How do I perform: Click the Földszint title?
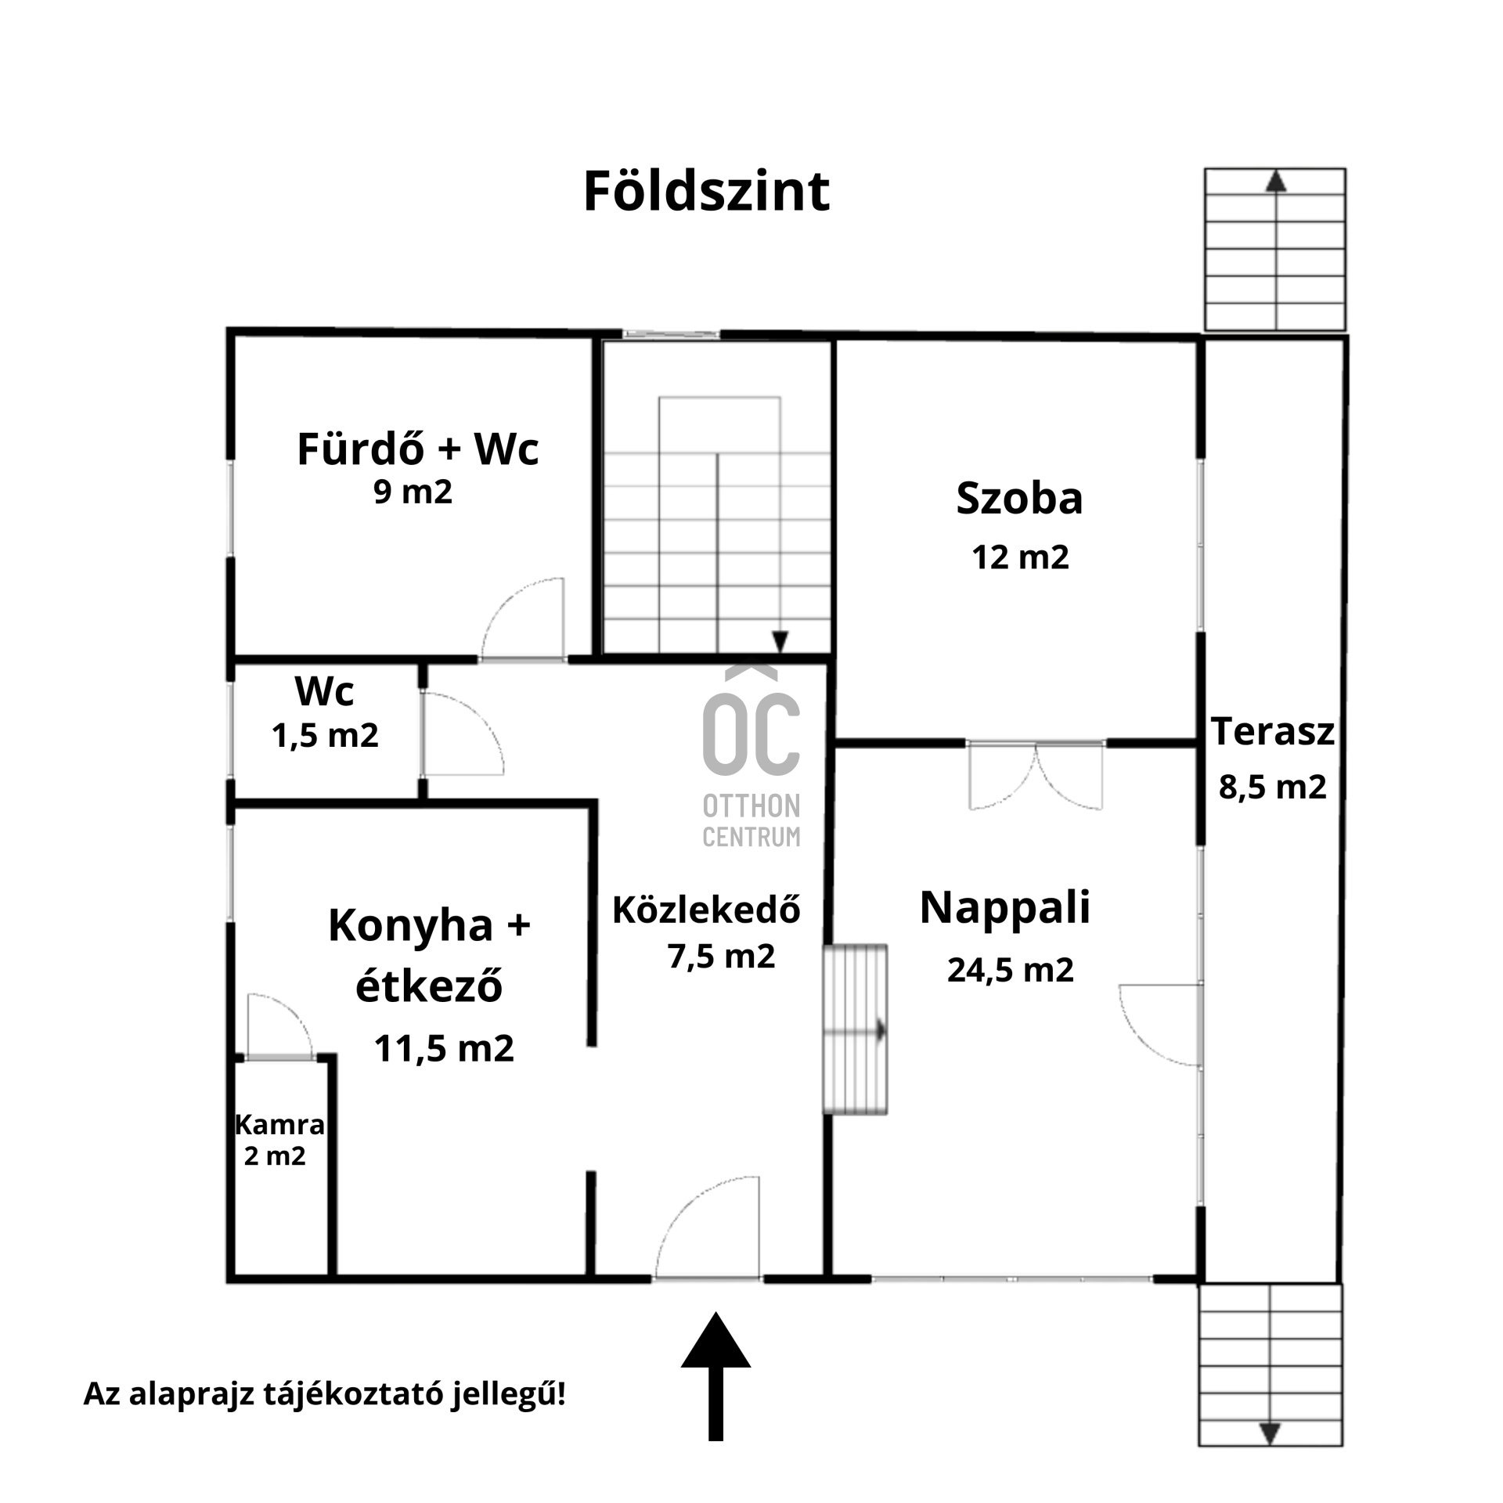click(x=706, y=191)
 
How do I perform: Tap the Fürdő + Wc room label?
click(x=418, y=449)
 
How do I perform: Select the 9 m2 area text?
click(x=413, y=492)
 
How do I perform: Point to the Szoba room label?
click(x=1019, y=498)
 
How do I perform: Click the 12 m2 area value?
click(x=1020, y=557)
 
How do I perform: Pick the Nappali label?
click(x=1005, y=907)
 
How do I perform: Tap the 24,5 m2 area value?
click(x=1010, y=971)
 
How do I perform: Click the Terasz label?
click(x=1273, y=731)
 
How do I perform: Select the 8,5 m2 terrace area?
click(x=1272, y=787)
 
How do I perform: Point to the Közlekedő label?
click(x=706, y=910)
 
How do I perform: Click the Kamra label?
click(x=279, y=1125)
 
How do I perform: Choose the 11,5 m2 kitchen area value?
click(x=444, y=1048)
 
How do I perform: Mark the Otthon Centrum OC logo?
click(x=751, y=755)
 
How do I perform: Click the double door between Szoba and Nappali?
click(x=1036, y=774)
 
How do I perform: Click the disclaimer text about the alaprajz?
click(x=324, y=1393)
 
